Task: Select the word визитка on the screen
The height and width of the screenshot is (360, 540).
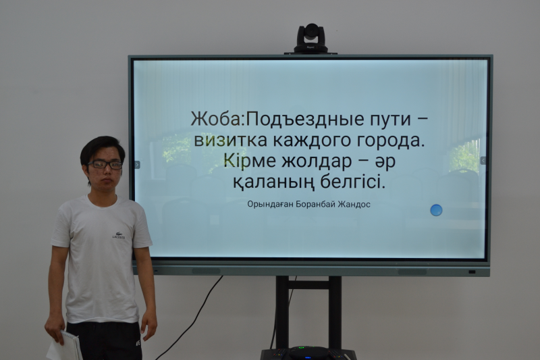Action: coord(230,140)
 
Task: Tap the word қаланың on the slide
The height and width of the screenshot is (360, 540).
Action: coord(274,182)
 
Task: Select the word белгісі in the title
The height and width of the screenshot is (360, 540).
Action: coord(352,182)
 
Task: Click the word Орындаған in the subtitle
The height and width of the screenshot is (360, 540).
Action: coord(271,205)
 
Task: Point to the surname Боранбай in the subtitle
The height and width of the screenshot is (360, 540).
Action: coord(315,204)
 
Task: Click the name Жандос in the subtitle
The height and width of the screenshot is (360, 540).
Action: coord(354,204)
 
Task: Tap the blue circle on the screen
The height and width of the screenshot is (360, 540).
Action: coord(436,210)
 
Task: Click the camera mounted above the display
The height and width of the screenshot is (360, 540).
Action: coord(310,38)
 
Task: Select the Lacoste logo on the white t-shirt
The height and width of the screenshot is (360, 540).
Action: coord(119,236)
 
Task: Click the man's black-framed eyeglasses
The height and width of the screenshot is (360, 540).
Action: coord(105,165)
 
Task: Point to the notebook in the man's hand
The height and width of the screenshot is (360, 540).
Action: coord(65,346)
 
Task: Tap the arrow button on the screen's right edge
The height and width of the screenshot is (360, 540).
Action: coord(483,161)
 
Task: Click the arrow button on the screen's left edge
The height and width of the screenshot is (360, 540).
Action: coord(137,165)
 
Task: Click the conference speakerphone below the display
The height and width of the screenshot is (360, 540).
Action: coord(308,353)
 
